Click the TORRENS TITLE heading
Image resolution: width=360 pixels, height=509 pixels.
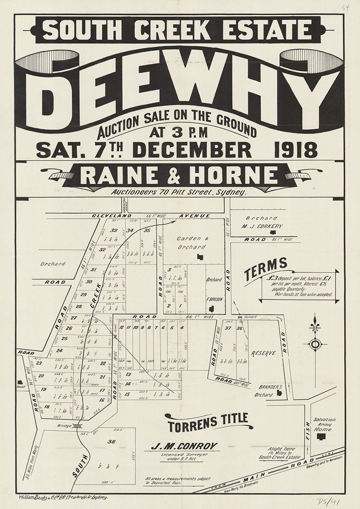pos(208,419)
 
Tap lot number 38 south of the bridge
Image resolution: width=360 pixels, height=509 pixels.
pos(112,442)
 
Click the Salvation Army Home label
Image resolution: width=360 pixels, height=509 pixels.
pos(324,424)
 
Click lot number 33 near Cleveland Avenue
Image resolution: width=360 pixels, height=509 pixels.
pos(114,230)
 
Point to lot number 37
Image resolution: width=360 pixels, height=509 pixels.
pos(228,328)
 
